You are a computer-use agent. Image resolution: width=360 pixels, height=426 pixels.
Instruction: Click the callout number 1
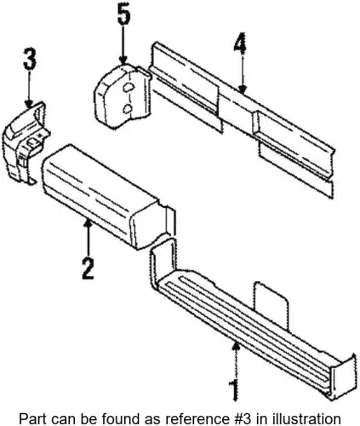point(234,390)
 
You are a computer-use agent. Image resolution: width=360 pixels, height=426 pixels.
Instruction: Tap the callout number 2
point(88,268)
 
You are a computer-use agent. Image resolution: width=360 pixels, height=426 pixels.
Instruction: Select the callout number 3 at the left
point(30,59)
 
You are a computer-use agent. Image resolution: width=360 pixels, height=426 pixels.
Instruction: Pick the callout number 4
point(240,43)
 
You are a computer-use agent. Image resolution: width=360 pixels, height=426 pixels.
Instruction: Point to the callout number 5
point(124,15)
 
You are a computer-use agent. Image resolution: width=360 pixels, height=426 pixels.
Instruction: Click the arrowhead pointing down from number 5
point(123,60)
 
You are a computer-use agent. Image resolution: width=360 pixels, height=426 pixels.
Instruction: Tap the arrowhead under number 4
point(242,89)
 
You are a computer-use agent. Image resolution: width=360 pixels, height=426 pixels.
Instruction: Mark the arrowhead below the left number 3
point(29,104)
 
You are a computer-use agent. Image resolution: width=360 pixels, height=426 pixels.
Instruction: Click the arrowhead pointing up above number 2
point(89,224)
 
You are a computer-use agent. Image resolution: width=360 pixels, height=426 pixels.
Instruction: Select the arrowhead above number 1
point(236,347)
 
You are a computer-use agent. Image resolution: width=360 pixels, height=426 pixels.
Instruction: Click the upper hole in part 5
point(128,87)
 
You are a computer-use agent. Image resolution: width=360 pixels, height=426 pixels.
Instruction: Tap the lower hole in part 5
point(129,108)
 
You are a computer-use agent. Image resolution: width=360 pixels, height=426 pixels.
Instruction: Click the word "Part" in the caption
point(30,418)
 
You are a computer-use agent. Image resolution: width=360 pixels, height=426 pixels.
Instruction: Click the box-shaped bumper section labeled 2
point(108,196)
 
